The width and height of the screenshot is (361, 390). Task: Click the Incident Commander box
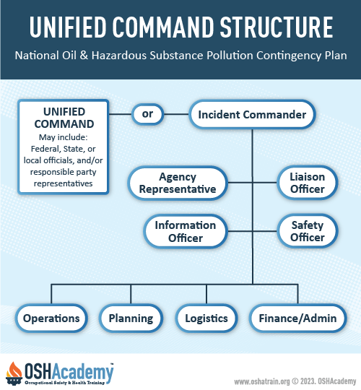pos(252,114)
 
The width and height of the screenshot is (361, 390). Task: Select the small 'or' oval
pos(147,114)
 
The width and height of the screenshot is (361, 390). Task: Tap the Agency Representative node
pos(178,183)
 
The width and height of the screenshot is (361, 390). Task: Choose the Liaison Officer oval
pos(308,183)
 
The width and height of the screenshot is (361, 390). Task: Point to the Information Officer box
pos(186,231)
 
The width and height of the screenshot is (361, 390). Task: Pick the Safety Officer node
pos(308,231)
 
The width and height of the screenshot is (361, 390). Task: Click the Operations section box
pos(51,318)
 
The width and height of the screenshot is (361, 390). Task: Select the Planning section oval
pos(131,318)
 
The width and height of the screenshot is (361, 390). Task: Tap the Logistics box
pos(206,318)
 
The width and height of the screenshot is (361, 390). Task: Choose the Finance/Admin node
pos(297,318)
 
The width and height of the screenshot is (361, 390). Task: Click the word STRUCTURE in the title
pos(277,27)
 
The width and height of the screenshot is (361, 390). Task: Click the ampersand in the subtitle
pos(84,55)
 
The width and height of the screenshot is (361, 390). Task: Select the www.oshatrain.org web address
pos(262,381)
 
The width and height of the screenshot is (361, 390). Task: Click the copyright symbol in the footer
pos(295,381)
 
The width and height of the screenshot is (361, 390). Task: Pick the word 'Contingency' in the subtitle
pos(289,56)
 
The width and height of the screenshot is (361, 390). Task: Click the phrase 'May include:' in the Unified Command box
pos(63,137)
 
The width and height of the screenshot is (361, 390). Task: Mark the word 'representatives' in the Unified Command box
pos(63,183)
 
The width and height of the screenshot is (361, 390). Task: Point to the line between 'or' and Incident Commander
pos(176,114)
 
